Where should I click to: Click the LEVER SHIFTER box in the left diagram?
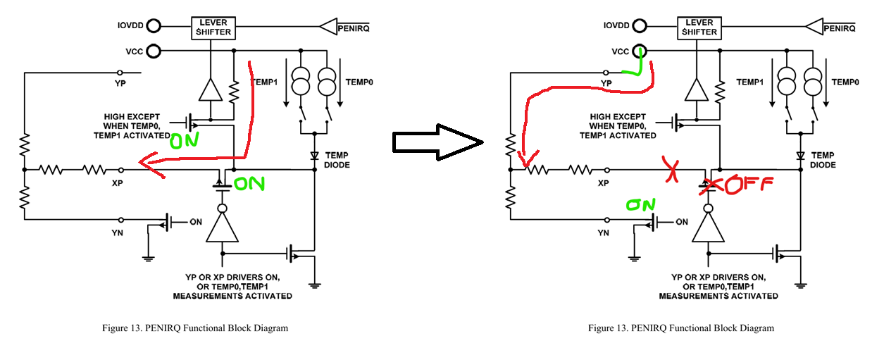click(212, 27)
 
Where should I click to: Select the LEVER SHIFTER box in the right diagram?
click(698, 27)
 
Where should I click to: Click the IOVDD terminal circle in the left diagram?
click(153, 27)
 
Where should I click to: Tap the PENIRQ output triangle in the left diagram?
click(330, 27)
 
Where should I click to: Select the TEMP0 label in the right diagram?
click(845, 82)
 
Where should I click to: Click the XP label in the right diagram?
click(603, 182)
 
